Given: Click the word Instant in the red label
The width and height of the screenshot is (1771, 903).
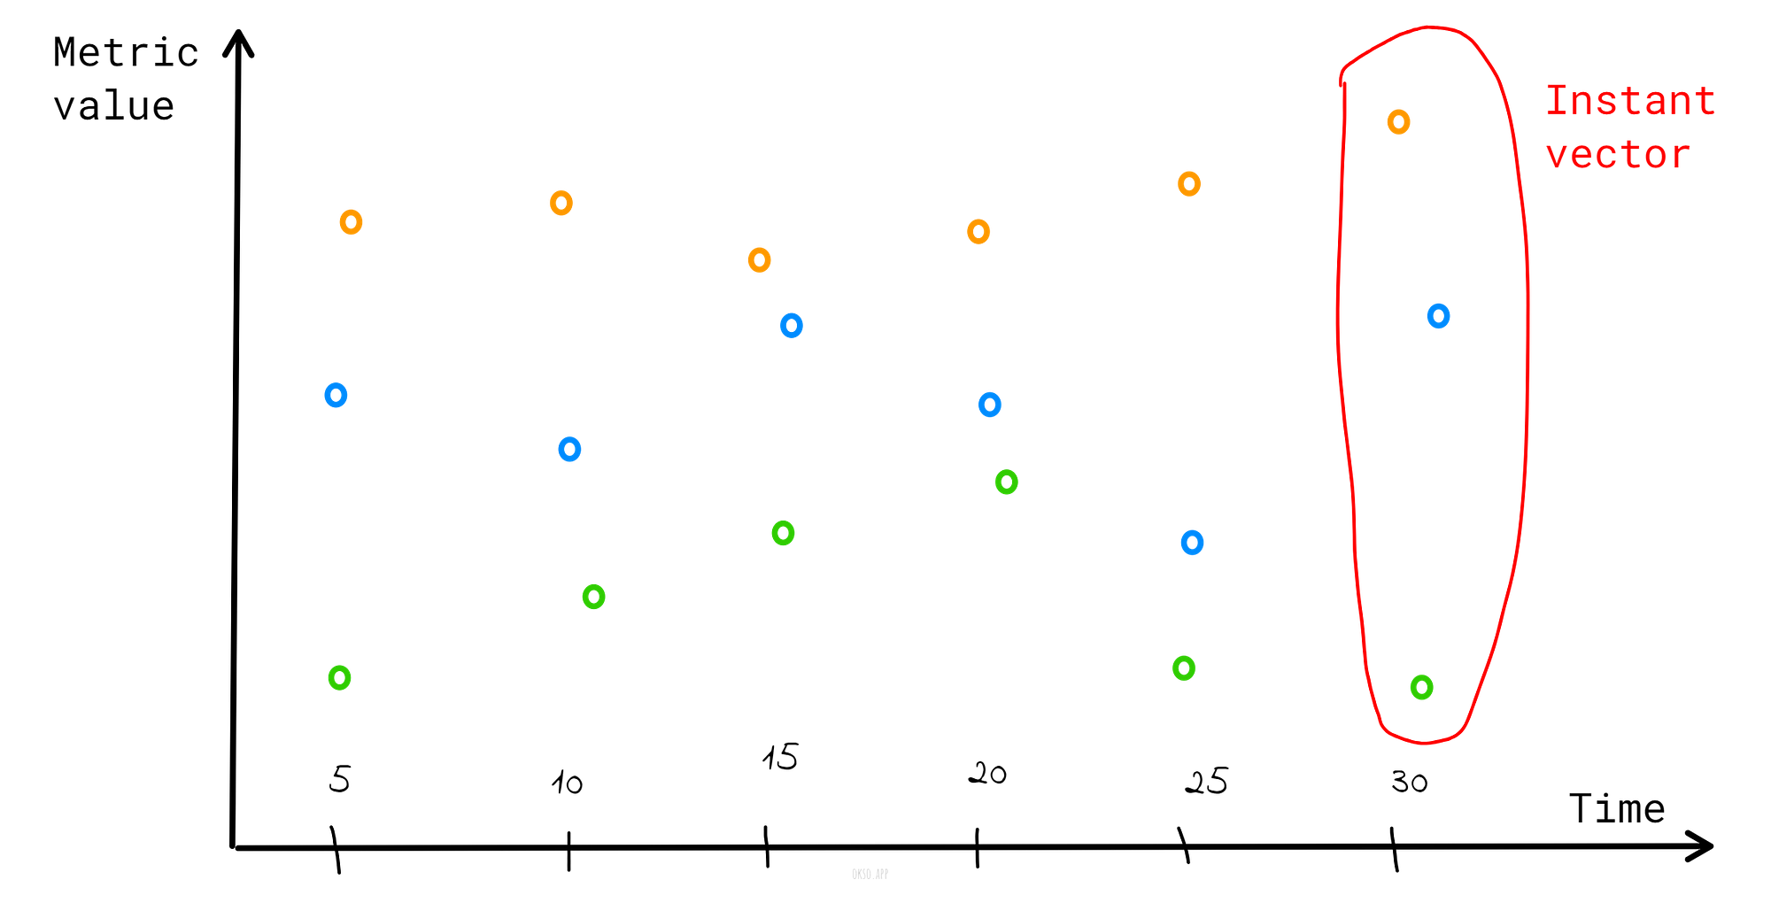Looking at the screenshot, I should coord(1629,100).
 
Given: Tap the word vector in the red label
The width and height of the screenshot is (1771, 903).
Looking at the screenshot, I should coord(1617,155).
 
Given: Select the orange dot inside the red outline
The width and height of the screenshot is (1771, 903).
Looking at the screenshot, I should coord(1398,122).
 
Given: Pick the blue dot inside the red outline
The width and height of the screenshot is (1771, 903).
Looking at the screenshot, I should coord(1438,316).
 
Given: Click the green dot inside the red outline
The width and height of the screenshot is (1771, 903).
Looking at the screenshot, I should coord(1421,687).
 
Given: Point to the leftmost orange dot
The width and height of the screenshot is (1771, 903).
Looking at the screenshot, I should coord(351,222).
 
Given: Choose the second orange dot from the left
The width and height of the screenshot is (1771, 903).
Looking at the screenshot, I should coord(561,203).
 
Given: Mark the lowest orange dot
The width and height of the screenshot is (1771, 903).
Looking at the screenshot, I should coord(759,260).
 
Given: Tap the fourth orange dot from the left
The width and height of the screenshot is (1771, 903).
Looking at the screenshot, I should coord(978,232).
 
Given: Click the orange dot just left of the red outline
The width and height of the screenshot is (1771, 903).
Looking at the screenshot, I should coord(1188,184).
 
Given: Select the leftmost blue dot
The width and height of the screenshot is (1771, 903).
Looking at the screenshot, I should coord(336,395).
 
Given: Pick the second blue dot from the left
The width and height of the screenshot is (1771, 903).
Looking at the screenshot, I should coord(569,450).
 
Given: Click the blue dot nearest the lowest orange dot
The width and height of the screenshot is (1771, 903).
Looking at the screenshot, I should coord(791,326).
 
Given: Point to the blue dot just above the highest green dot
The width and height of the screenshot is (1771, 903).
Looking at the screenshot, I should coord(989,405).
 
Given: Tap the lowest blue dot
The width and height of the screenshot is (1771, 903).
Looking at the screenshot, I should coord(1192,543).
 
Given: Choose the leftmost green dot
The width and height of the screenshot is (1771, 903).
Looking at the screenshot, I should coord(339,678).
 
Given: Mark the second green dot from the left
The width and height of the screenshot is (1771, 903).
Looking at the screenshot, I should coord(593,597).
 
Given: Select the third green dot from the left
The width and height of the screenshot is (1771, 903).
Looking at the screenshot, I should coord(783,533).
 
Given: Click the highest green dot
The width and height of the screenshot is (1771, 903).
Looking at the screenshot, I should coord(1006,482).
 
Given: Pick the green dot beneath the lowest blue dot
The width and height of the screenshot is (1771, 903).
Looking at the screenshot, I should coord(1184,668).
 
